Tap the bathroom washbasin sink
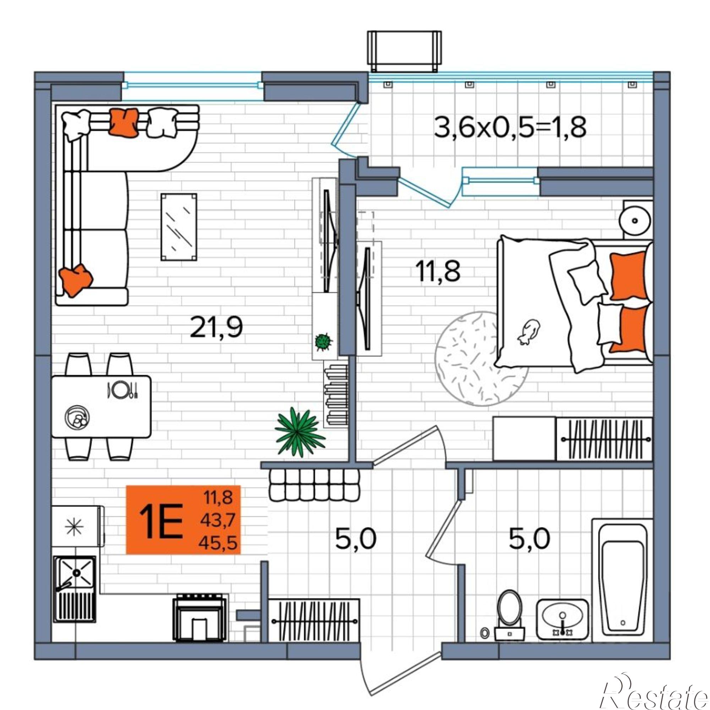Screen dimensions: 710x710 [x=562, y=619]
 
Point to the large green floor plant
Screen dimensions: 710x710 [x=300, y=432]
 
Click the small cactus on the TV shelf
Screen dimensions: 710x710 [x=323, y=342]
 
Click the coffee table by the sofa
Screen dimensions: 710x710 [x=179, y=227]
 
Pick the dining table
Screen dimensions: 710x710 [x=102, y=406]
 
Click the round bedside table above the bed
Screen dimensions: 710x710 [x=635, y=220]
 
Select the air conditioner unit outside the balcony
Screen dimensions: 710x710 [x=404, y=51]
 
